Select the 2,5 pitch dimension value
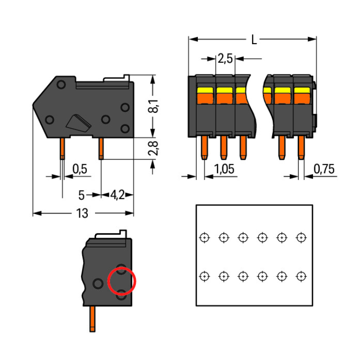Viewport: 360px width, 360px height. pyautogui.click(x=225, y=59)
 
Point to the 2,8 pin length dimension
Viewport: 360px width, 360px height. pyautogui.click(x=153, y=149)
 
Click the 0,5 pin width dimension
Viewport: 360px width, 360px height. pyautogui.click(x=80, y=169)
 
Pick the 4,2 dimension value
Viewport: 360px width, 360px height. pyautogui.click(x=118, y=195)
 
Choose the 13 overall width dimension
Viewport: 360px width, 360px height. pyautogui.click(x=82, y=214)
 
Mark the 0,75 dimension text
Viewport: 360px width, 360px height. pyautogui.click(x=324, y=169)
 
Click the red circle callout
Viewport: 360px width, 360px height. pyautogui.click(x=122, y=282)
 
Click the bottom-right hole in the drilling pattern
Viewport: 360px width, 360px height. pyautogui.click(x=301, y=276)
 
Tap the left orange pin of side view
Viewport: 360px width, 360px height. pyautogui.click(x=62, y=149)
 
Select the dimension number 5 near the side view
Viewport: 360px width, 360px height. pyautogui.click(x=82, y=195)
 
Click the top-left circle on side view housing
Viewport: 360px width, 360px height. pyautogui.click(x=61, y=85)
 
